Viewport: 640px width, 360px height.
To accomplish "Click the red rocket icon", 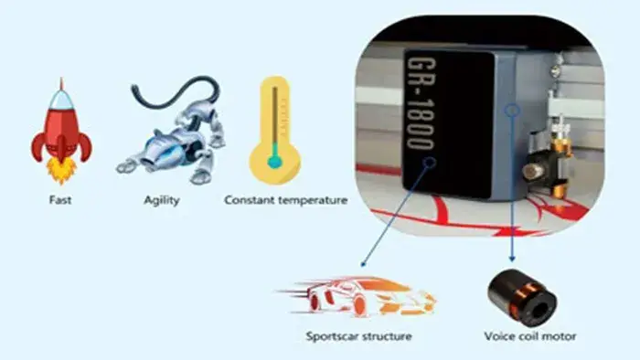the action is point(61,131).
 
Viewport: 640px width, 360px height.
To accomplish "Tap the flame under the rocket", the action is point(61,171).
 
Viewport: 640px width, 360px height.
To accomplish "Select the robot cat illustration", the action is point(172,131).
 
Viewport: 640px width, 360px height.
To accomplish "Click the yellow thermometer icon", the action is point(275,131).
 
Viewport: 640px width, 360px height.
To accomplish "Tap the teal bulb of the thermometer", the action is point(274,162).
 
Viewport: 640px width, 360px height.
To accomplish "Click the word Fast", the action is point(60,200).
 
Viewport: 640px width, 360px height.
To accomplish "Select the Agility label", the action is point(162,201).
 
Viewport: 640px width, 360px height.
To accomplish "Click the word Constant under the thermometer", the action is point(249,200).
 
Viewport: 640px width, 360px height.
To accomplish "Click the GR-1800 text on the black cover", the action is point(421,104).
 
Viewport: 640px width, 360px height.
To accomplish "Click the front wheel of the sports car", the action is point(358,305).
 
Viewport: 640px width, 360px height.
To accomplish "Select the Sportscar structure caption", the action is point(358,336).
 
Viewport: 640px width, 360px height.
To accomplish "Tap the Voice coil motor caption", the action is point(530,336).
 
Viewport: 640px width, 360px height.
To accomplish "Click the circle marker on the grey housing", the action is point(512,110).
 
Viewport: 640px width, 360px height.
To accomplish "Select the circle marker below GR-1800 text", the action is point(429,163).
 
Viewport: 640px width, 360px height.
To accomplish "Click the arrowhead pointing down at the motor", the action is point(512,259).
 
